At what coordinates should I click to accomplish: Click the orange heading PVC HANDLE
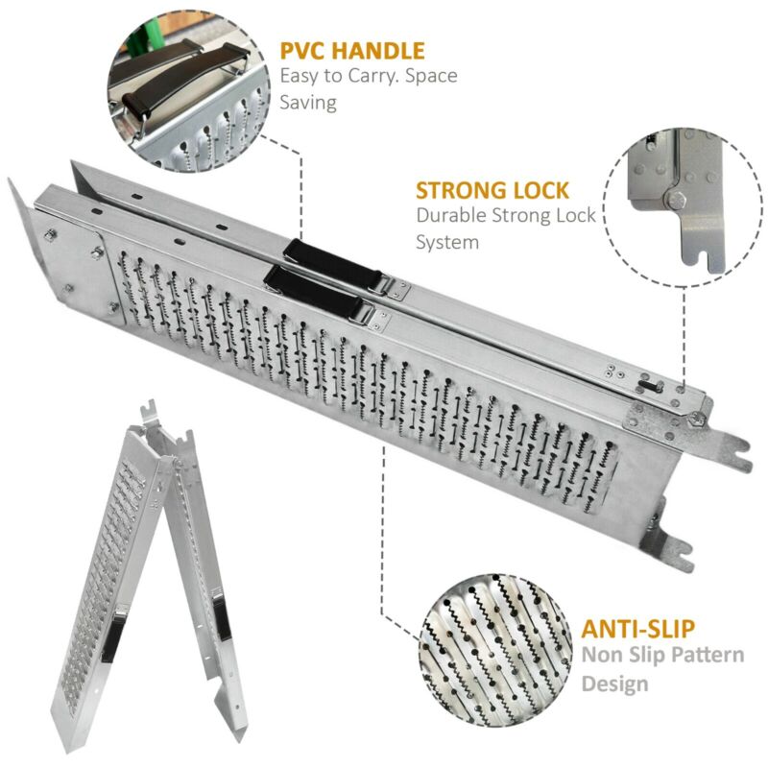[x=352, y=51]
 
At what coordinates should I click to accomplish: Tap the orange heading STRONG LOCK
[x=492, y=190]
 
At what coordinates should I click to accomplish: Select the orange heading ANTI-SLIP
[x=637, y=629]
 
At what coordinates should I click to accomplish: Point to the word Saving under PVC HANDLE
[x=308, y=103]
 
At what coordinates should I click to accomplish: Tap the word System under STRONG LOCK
[x=447, y=243]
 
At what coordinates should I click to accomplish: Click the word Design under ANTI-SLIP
[x=614, y=684]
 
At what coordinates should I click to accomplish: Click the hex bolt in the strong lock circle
[x=676, y=200]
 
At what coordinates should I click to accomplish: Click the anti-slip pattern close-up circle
[x=495, y=652]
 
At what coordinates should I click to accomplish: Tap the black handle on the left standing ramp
[x=113, y=636]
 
